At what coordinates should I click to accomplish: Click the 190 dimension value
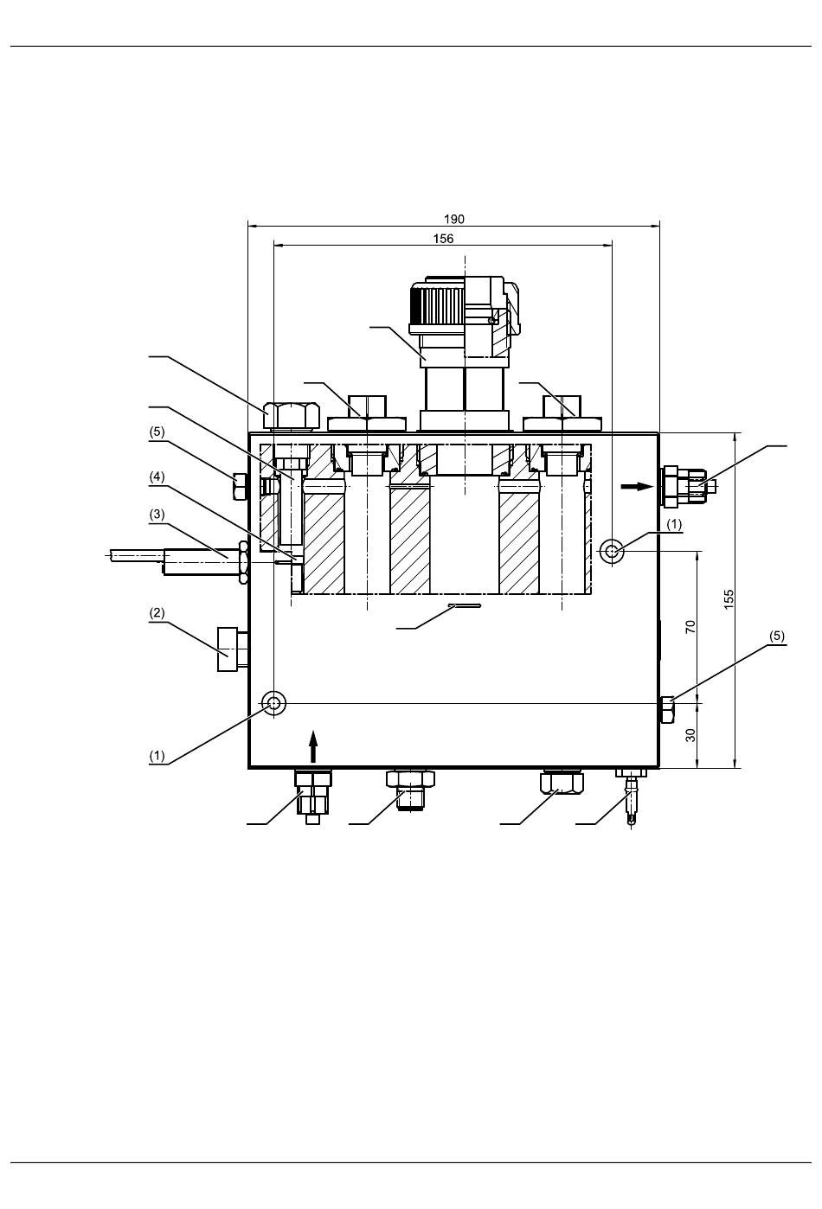[x=453, y=219]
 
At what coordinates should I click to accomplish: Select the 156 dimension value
[x=443, y=239]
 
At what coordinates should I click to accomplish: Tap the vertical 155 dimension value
[x=729, y=599]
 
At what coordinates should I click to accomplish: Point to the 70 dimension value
[x=690, y=627]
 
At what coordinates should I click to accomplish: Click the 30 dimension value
[x=690, y=735]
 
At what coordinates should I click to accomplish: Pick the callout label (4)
[x=157, y=477]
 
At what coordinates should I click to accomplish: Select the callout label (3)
[x=157, y=515]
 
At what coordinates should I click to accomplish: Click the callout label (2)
[x=157, y=613]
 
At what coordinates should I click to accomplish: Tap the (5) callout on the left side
[x=157, y=432]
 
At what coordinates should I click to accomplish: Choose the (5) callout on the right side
[x=776, y=636]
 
